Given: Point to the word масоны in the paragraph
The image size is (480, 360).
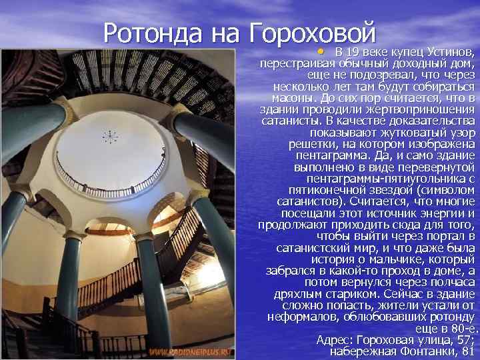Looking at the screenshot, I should (283, 98).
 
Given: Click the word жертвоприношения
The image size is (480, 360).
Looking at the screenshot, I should (421, 109).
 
